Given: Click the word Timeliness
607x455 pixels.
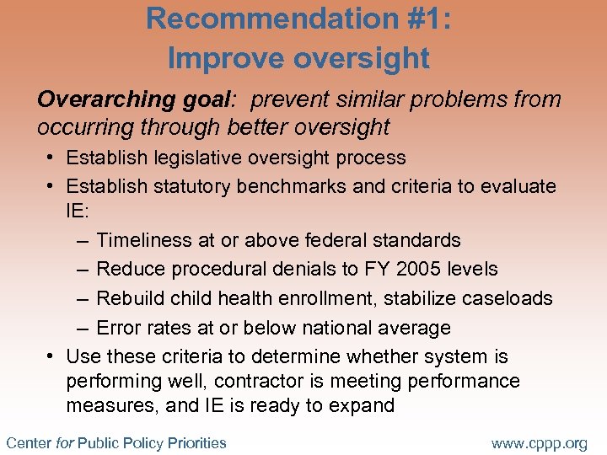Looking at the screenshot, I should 144,240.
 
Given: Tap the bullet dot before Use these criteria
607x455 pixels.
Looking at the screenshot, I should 51,357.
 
